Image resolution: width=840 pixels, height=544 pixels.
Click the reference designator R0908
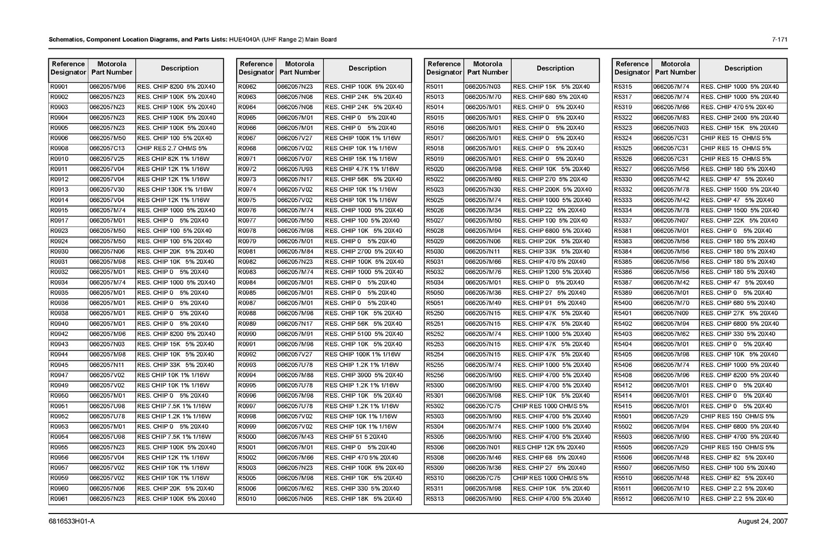[x=59, y=149]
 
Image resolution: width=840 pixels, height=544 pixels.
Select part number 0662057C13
[x=107, y=149]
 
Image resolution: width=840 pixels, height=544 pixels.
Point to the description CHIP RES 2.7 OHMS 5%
[x=172, y=149]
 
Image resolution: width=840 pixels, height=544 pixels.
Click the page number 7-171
[x=780, y=40]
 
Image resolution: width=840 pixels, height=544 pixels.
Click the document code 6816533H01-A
[x=71, y=521]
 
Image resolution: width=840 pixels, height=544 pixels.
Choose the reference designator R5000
[x=247, y=437]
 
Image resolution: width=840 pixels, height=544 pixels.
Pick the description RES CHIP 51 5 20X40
[x=356, y=437]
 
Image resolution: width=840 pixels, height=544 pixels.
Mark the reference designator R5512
[x=623, y=499]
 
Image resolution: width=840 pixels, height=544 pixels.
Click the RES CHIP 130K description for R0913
[x=175, y=190]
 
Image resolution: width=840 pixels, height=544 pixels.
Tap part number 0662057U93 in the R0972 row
[x=295, y=169]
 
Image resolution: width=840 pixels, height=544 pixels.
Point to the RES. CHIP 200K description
[x=552, y=190]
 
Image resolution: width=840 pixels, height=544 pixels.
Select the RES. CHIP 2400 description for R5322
[x=740, y=118]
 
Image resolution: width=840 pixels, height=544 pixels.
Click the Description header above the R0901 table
[x=180, y=68]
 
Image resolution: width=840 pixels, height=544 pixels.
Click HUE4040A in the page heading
[x=246, y=40]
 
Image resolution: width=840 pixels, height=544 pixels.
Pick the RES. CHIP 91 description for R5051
[x=549, y=303]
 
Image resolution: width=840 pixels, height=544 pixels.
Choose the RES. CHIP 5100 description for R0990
[x=364, y=334]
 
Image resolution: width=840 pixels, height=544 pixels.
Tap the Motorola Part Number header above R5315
[x=675, y=68]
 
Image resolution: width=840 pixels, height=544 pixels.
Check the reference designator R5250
[x=435, y=313]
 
